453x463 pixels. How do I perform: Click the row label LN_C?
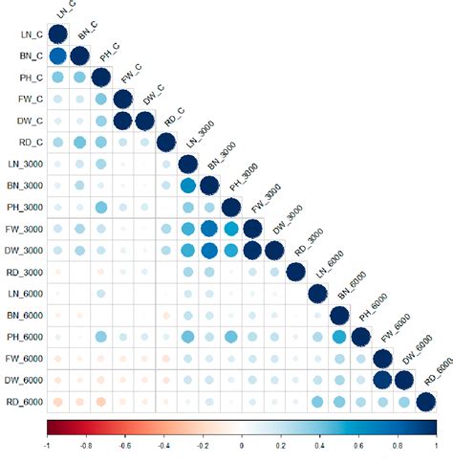coord(29,34)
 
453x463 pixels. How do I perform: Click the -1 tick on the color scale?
coord(47,446)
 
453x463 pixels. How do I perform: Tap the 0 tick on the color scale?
coord(241,446)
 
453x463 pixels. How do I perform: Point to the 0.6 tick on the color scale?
coord(357,446)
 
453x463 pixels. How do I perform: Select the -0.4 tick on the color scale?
coord(163,446)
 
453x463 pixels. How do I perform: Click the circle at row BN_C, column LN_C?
coord(57,56)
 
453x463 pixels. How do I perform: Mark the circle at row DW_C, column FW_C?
coord(122,121)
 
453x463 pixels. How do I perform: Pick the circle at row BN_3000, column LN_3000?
coord(187,187)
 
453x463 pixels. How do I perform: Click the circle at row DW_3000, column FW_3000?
coord(252,252)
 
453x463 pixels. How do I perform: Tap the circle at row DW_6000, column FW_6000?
coord(382,381)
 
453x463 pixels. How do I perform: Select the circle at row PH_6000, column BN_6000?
coord(338,338)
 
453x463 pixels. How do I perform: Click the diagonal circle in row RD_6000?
coord(425,403)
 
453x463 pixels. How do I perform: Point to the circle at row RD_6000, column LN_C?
coord(57,403)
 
